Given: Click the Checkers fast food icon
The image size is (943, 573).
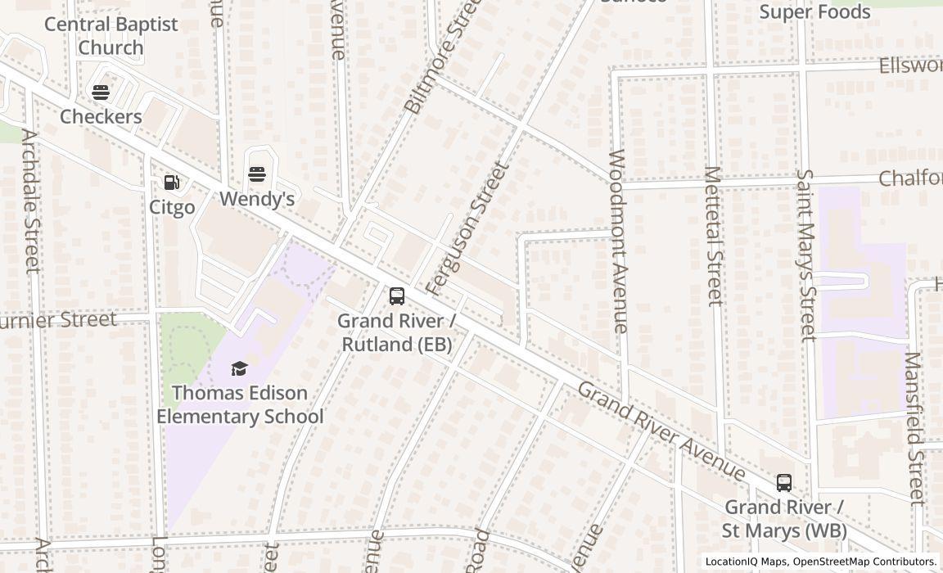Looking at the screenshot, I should coord(101,92).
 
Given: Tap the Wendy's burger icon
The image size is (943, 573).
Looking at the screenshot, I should coord(257,174).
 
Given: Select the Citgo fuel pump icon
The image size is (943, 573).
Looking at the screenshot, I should coord(172,183).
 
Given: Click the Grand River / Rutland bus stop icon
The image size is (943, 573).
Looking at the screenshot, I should coord(397,296).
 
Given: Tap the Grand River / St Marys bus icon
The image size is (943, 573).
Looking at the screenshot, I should coord(784,483).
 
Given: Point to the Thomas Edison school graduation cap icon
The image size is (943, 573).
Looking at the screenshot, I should coord(239,368).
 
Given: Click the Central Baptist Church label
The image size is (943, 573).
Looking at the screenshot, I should coord(111,35).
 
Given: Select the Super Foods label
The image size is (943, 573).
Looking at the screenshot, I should coord(814,11).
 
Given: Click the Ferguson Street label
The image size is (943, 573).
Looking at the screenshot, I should coord(468,228).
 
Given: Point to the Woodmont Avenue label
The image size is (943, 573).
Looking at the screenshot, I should coord(620,241).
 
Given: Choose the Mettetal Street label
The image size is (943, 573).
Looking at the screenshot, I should coord(714,237).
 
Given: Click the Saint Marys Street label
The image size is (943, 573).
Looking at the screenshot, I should coord(806,255).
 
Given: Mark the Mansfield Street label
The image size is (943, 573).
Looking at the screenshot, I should coord(914,428).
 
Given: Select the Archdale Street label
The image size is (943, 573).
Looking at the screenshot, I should coord(30,201).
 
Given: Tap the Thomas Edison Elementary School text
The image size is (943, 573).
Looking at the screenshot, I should coord(240,404).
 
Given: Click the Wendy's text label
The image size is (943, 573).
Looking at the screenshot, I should coord(257,199).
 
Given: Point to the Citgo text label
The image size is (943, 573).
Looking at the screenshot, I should coord(172,207).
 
